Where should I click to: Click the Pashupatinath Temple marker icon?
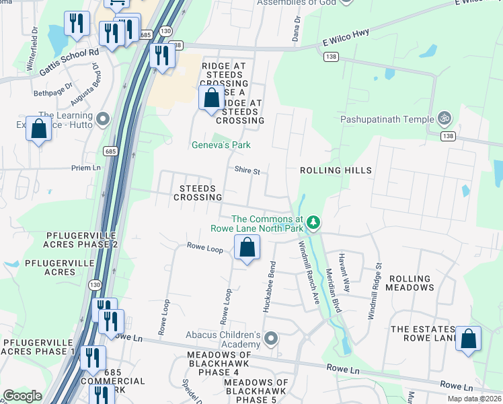[444, 119]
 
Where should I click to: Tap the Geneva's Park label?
[221, 145]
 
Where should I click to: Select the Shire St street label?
[247, 171]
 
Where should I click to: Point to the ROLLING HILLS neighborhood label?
[336, 170]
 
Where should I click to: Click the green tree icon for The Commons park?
[313, 222]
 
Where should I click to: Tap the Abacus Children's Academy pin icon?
[271, 338]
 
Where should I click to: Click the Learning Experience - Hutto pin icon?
[102, 120]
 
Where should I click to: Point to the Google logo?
[22, 396]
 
